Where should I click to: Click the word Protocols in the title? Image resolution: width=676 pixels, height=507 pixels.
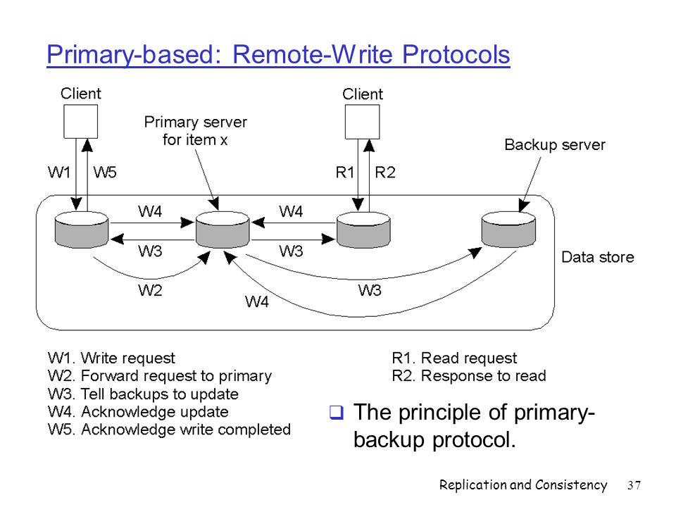coord(456,55)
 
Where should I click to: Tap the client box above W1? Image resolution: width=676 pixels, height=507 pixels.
coord(80,121)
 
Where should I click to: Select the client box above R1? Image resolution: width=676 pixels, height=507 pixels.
coord(363,122)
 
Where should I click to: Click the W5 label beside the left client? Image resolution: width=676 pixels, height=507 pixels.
coord(105,173)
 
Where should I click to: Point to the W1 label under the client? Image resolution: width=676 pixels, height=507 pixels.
coord(59,173)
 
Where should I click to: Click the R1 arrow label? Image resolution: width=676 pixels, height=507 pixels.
coord(344,173)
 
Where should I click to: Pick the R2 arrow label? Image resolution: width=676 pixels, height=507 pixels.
coord(385,173)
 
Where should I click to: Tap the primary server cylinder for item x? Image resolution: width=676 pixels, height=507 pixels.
coord(223,230)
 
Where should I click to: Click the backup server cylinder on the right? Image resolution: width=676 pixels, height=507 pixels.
coord(508,230)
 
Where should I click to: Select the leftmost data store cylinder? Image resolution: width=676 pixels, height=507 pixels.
coord(82,230)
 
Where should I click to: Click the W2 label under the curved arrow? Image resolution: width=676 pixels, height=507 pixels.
coord(150,291)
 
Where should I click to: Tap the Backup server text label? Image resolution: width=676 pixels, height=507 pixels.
coord(555,145)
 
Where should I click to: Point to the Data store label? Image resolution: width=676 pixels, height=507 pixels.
coord(598,258)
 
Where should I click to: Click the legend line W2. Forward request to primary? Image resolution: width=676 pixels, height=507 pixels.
coord(160,376)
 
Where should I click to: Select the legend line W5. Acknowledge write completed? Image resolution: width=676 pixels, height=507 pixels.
coord(170,430)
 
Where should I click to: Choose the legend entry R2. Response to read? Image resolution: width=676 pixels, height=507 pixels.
coord(469,376)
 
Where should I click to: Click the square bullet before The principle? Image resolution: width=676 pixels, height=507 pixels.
coord(337,412)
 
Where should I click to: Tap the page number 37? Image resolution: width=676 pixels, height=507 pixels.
coord(634,485)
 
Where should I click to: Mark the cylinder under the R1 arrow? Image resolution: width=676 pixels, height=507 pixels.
coord(363,230)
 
